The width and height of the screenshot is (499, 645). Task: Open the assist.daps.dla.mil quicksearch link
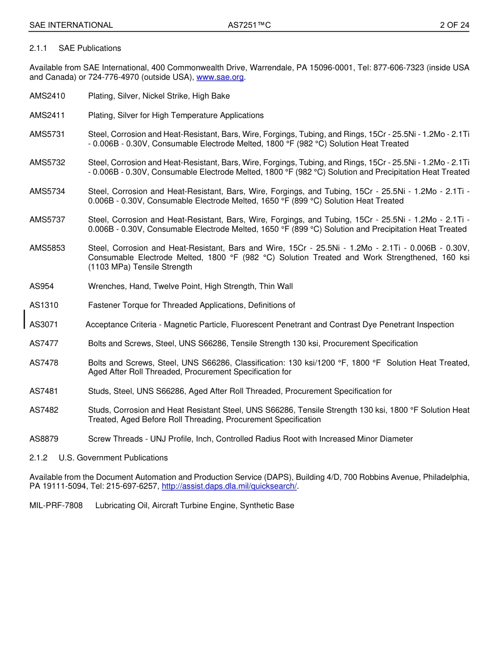[229, 487]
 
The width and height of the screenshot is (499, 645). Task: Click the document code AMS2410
[47, 96]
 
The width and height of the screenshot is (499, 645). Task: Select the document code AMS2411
[47, 115]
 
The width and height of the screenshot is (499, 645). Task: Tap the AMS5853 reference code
[47, 248]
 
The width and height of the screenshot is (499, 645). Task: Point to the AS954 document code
[41, 286]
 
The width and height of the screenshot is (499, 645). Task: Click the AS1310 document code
[44, 305]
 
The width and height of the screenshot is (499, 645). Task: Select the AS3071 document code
[44, 325]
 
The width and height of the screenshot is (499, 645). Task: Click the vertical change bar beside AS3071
[24, 319]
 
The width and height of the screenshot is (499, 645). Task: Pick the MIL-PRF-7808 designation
[56, 506]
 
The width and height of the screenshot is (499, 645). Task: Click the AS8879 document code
[44, 439]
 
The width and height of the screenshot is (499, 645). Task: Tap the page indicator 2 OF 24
[454, 25]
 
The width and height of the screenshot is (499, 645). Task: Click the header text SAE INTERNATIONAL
[71, 25]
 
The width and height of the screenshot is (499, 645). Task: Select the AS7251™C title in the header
[249, 25]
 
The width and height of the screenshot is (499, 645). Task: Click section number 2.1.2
[38, 458]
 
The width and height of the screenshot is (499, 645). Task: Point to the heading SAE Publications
[90, 48]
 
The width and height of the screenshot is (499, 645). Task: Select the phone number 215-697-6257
[136, 487]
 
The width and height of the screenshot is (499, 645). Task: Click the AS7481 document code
[44, 391]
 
